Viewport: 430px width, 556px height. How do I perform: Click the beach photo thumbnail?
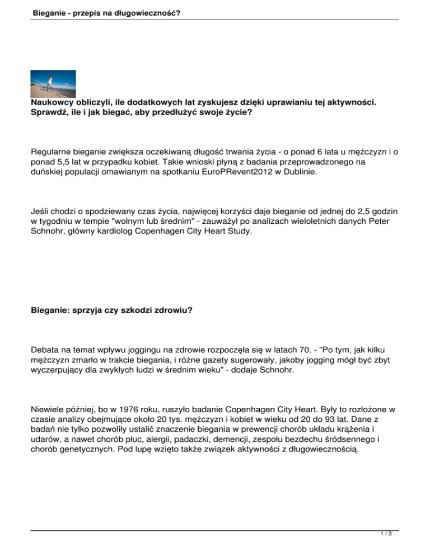[x=53, y=84]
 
